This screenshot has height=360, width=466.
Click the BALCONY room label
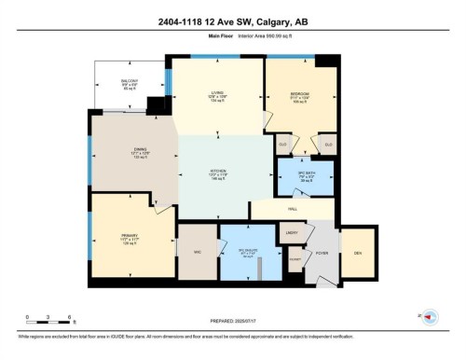click(130, 82)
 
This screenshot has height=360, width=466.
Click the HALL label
click(292, 211)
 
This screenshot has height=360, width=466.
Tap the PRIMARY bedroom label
click(129, 236)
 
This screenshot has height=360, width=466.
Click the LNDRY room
click(291, 232)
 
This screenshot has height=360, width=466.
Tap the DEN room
click(356, 253)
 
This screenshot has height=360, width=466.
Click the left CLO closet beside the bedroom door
click(282, 144)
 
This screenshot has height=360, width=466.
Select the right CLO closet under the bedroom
click(327, 144)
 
